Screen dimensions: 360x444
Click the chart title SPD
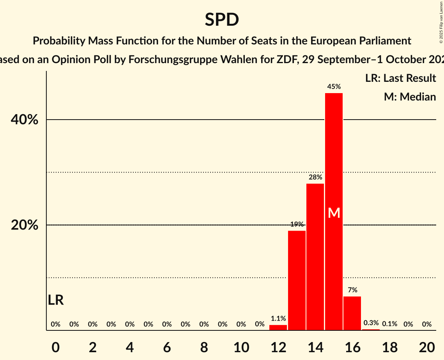pyautogui.click(x=222, y=20)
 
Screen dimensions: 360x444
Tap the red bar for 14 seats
pyautogui.click(x=315, y=257)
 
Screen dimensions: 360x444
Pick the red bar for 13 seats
pyautogui.click(x=297, y=281)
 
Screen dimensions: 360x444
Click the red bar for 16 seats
pyautogui.click(x=352, y=313)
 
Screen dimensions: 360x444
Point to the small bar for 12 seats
pyautogui.click(x=278, y=328)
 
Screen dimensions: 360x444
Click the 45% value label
pyautogui.click(x=334, y=87)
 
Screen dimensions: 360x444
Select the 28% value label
pyautogui.click(x=315, y=177)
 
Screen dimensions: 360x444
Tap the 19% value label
pyautogui.click(x=297, y=224)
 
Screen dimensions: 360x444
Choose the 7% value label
pyautogui.click(x=352, y=290)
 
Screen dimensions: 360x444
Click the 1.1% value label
pyautogui.click(x=278, y=319)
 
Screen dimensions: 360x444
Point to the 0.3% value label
pyautogui.click(x=371, y=323)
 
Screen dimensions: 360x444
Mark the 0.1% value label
pyautogui.click(x=389, y=324)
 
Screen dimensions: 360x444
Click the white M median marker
pyautogui.click(x=334, y=213)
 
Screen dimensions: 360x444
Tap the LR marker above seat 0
pyautogui.click(x=56, y=300)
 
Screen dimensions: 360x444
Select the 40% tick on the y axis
pyautogui.click(x=24, y=120)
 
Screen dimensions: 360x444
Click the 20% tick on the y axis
pyautogui.click(x=24, y=226)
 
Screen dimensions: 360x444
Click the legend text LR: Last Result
pyautogui.click(x=400, y=78)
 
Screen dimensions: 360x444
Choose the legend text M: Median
pyautogui.click(x=410, y=97)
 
